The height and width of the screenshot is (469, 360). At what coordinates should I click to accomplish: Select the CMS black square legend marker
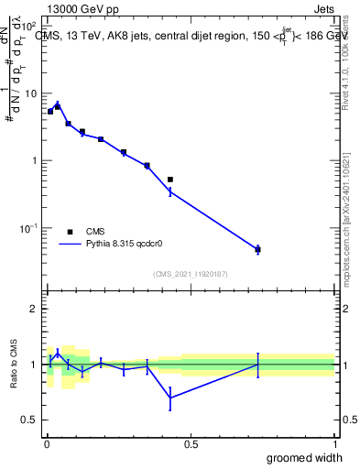pos(70,232)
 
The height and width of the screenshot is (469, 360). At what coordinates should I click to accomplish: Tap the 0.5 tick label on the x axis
pos(191,442)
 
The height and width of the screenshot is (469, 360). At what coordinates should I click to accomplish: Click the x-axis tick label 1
pos(334,442)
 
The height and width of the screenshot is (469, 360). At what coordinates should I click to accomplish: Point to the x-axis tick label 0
pos(46,442)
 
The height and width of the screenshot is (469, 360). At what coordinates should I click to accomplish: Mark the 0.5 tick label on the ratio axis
pos(30,420)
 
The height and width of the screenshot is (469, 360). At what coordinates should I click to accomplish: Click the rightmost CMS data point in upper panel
pos(257,249)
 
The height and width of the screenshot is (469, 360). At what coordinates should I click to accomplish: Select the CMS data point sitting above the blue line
pos(170,180)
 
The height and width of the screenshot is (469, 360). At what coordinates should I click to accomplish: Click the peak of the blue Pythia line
pos(58,104)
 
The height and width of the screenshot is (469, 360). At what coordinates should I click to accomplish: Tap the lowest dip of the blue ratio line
pos(170,397)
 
